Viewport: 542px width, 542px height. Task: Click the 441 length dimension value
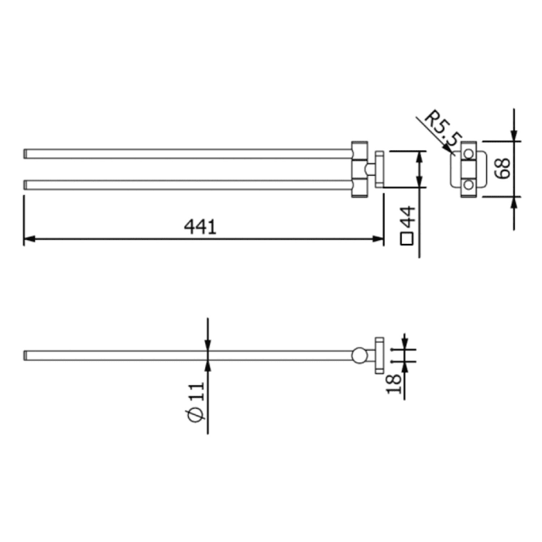200,226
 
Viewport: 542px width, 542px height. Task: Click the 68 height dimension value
501,169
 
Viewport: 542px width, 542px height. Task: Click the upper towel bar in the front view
186,153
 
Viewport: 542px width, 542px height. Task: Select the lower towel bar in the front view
186,184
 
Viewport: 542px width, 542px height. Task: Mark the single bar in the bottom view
186,355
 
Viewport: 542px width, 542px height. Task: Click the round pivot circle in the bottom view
359,356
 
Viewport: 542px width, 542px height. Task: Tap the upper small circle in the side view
468,155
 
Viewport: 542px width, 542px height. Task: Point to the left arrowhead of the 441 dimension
29,239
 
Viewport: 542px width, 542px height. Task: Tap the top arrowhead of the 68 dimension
514,136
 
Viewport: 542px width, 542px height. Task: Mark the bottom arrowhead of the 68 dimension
514,201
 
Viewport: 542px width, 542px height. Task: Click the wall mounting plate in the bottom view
379,356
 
